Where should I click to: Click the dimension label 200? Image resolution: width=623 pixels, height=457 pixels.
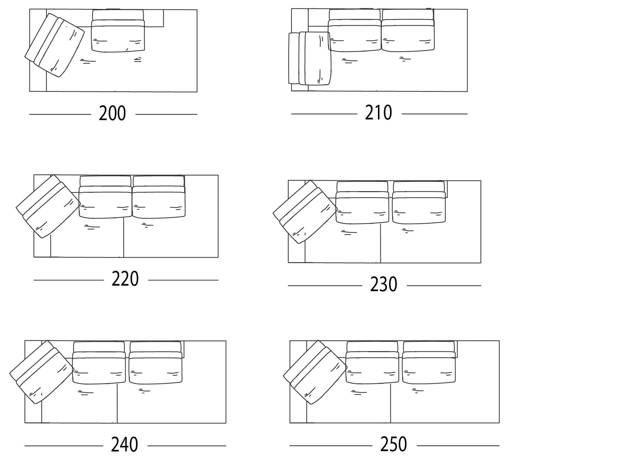(x=112, y=113)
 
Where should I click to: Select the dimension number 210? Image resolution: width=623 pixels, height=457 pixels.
(x=378, y=113)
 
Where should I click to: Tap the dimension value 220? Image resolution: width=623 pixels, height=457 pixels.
(x=125, y=279)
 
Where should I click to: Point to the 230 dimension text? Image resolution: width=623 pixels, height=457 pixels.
(x=383, y=285)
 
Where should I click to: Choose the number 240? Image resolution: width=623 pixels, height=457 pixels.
(x=124, y=445)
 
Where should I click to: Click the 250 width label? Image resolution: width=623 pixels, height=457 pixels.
(x=394, y=444)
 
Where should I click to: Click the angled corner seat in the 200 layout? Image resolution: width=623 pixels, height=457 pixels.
(x=55, y=45)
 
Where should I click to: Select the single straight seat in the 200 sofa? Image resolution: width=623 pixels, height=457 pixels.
(x=118, y=31)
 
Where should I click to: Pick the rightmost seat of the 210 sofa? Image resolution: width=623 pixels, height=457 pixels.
(x=408, y=30)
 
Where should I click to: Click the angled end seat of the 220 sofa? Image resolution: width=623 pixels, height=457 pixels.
(x=48, y=206)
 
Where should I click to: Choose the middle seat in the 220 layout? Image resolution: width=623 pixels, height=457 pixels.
(x=105, y=197)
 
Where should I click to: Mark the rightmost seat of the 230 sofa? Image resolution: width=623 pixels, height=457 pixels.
(x=419, y=202)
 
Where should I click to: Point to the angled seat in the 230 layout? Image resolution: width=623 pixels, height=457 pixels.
(x=305, y=212)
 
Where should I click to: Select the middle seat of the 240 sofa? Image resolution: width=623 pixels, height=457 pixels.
(x=99, y=363)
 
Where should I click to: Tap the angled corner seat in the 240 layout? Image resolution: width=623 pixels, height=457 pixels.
(x=42, y=372)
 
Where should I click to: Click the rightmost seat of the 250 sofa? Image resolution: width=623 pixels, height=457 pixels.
(x=429, y=363)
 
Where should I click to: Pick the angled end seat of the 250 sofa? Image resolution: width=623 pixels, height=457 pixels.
(x=315, y=372)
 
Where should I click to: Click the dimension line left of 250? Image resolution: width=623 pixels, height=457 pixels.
(x=331, y=445)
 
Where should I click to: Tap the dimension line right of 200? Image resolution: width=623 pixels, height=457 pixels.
(x=166, y=114)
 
